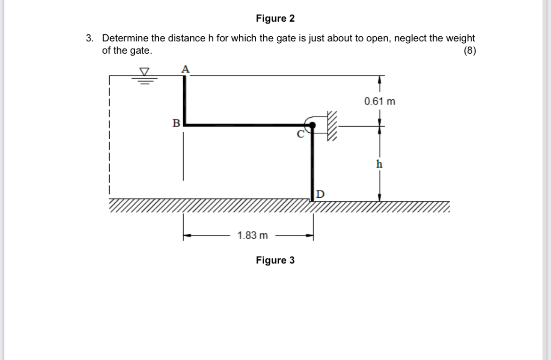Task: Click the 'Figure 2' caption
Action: tap(275, 18)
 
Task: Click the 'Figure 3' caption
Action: tap(275, 260)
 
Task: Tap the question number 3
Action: tap(89, 38)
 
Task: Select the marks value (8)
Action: tap(469, 51)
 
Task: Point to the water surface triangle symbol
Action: tap(144, 72)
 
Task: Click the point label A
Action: tap(186, 69)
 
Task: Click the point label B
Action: tap(176, 124)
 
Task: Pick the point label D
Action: tap(320, 194)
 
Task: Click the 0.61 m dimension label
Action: tap(380, 101)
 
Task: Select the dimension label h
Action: tap(379, 164)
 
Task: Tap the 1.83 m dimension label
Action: tap(253, 235)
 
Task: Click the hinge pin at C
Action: tap(312, 125)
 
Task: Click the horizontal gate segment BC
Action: tap(245, 125)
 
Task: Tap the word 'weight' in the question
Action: tap(461, 38)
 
